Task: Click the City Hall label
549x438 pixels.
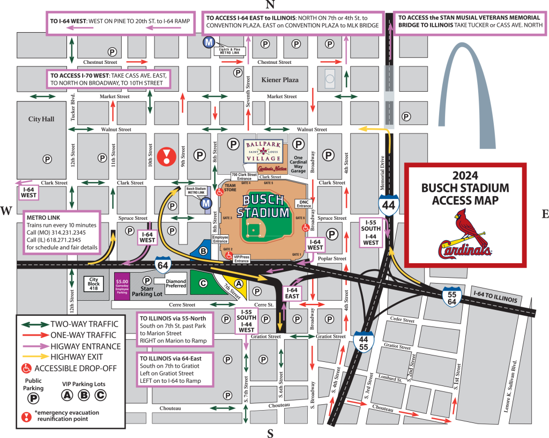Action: (42, 119)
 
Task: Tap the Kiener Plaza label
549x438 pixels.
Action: (279, 80)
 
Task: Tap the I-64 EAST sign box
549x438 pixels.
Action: (292, 293)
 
